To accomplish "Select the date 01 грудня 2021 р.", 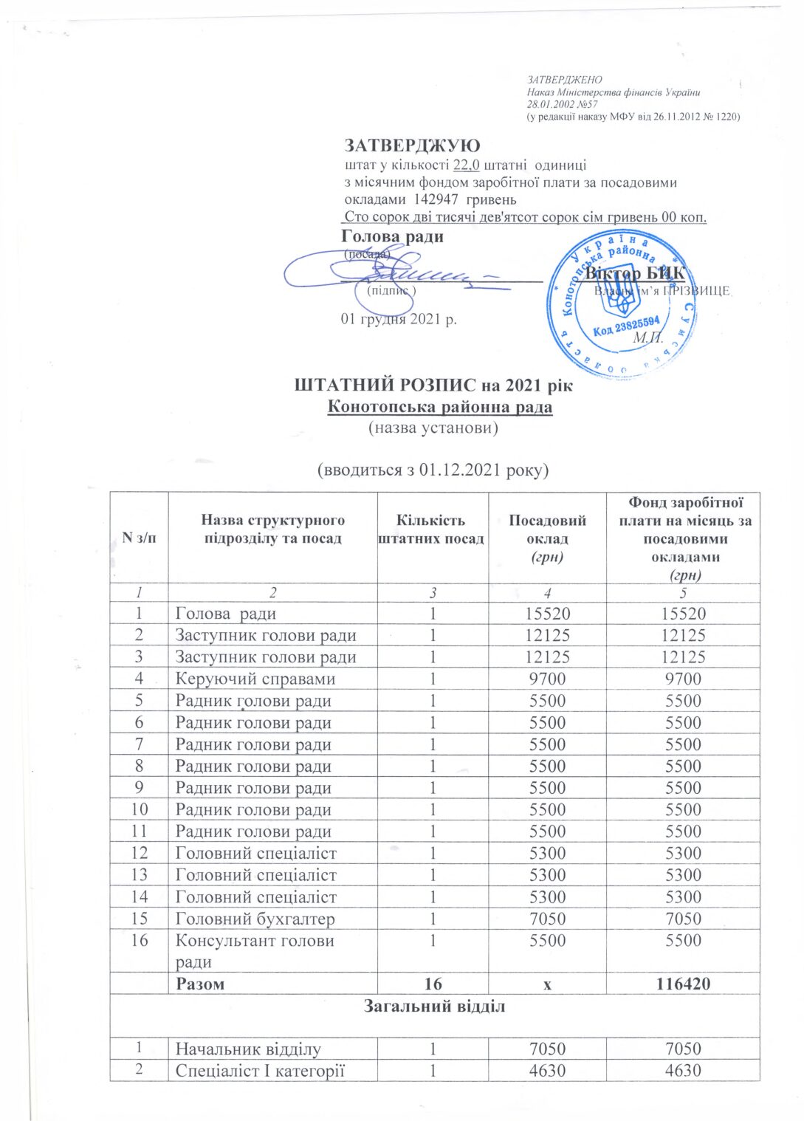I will (399, 319).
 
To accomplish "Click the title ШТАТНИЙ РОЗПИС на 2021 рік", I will (433, 385).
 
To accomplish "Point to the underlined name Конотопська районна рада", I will (439, 406).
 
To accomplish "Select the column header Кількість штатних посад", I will (431, 529).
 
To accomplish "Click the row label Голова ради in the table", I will (225, 614).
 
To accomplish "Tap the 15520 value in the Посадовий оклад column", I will (547, 614).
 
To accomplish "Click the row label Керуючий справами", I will (255, 679).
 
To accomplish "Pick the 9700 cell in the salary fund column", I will (683, 679).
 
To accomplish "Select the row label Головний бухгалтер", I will (255, 919).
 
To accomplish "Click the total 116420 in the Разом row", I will (683, 984).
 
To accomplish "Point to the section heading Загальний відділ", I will (434, 1006).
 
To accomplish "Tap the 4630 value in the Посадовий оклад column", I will (547, 1070).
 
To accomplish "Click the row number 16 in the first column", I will (139, 940).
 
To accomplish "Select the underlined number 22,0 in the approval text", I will (466, 165).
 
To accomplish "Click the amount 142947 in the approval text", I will (436, 199).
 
